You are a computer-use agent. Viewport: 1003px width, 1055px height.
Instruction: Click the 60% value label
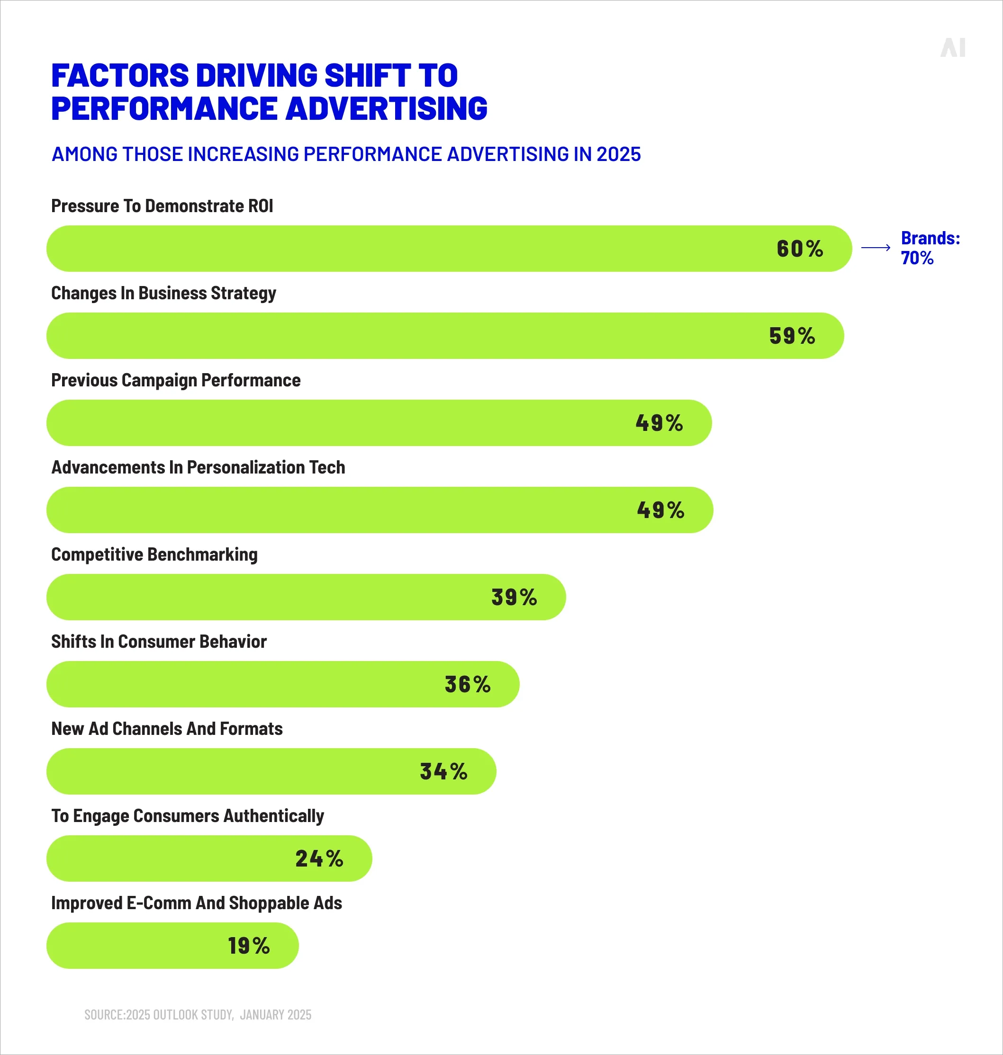[x=799, y=249]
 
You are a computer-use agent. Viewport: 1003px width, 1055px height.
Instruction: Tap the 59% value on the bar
[x=792, y=336]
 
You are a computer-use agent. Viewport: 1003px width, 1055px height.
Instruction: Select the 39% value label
[x=514, y=598]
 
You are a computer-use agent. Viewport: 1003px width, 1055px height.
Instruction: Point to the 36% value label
[x=467, y=685]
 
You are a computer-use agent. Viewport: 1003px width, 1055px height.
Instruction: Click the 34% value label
[x=443, y=772]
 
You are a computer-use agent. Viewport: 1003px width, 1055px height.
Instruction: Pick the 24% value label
[x=319, y=859]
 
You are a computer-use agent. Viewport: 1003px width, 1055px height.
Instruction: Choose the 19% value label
[x=249, y=946]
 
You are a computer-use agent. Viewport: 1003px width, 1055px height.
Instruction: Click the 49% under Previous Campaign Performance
[x=659, y=423]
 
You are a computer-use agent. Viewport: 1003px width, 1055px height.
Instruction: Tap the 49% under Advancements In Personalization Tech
[x=660, y=510]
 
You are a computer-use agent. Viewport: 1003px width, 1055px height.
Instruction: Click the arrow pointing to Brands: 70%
[x=875, y=248]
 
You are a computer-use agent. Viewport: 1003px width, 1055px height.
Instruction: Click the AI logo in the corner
[x=952, y=48]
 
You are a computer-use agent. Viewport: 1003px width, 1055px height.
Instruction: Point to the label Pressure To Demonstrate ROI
[x=162, y=206]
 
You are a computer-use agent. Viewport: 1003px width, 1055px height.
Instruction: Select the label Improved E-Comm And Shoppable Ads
[x=196, y=903]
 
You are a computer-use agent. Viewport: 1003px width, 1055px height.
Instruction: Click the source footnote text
[x=198, y=1015]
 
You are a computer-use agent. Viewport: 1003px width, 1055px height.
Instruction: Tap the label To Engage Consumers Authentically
[x=188, y=816]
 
